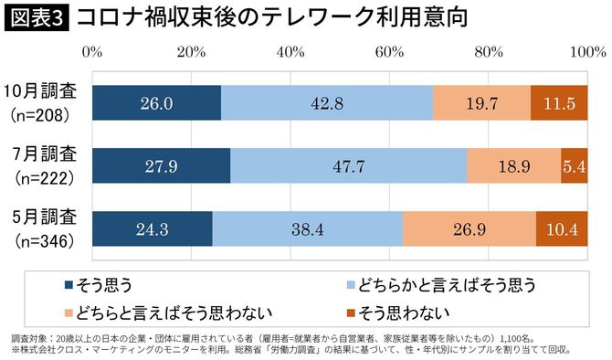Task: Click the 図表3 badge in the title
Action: [x=36, y=17]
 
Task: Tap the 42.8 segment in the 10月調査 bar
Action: [x=326, y=103]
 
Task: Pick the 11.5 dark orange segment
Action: [x=559, y=103]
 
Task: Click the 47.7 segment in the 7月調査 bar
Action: [x=348, y=166]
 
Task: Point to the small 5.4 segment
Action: [x=575, y=166]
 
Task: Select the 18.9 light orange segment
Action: [x=514, y=166]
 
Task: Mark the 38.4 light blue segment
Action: [x=307, y=228]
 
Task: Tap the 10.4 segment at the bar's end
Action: [x=562, y=228]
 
